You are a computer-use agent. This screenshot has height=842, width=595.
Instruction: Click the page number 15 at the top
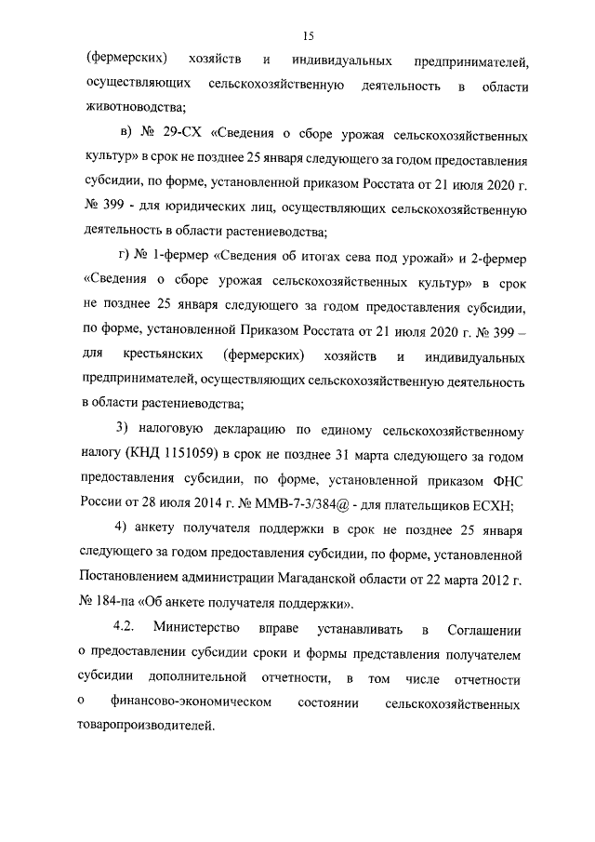click(309, 35)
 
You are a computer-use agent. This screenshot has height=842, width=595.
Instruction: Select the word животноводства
click(136, 105)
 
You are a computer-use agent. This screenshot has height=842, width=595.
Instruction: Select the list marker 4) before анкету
click(122, 529)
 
